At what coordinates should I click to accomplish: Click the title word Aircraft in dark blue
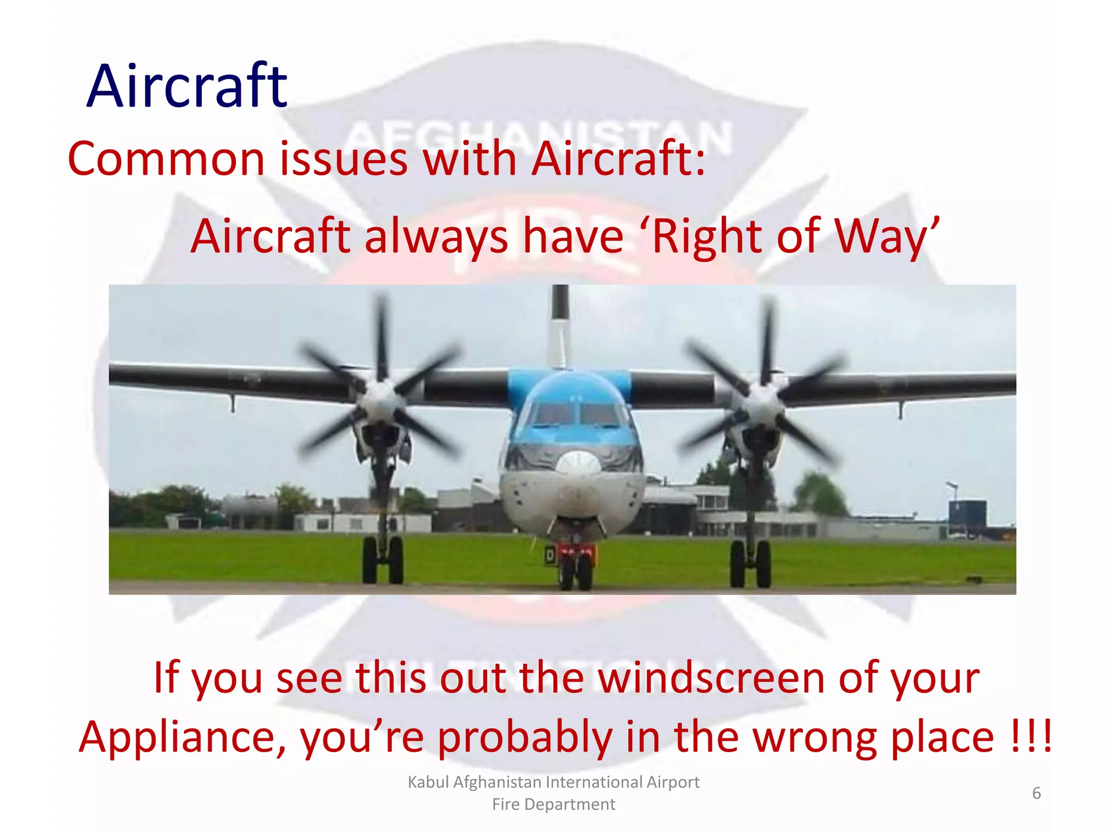(187, 87)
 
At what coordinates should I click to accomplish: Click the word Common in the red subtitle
(166, 159)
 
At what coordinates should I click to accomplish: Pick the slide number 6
(1036, 793)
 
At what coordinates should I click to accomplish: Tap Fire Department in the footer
(553, 804)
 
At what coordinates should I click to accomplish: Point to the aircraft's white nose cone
(578, 464)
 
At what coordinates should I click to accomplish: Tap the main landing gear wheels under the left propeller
(383, 560)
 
